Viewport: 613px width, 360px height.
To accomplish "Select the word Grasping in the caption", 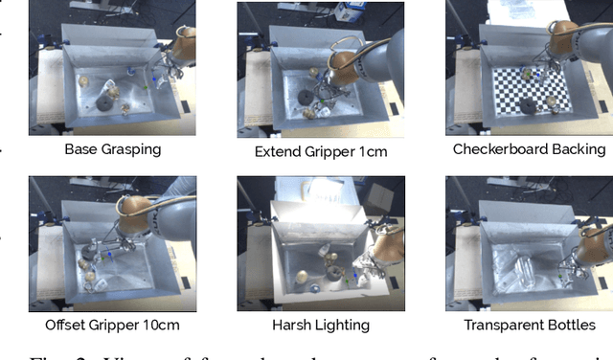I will [130, 149].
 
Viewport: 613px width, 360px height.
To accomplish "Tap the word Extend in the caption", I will [278, 151].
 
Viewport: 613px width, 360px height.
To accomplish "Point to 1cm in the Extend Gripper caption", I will [375, 151].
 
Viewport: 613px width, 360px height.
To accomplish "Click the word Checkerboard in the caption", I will [501, 149].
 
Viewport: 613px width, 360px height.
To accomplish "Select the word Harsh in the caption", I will [296, 325].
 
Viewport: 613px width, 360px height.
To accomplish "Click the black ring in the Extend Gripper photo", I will [305, 96].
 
